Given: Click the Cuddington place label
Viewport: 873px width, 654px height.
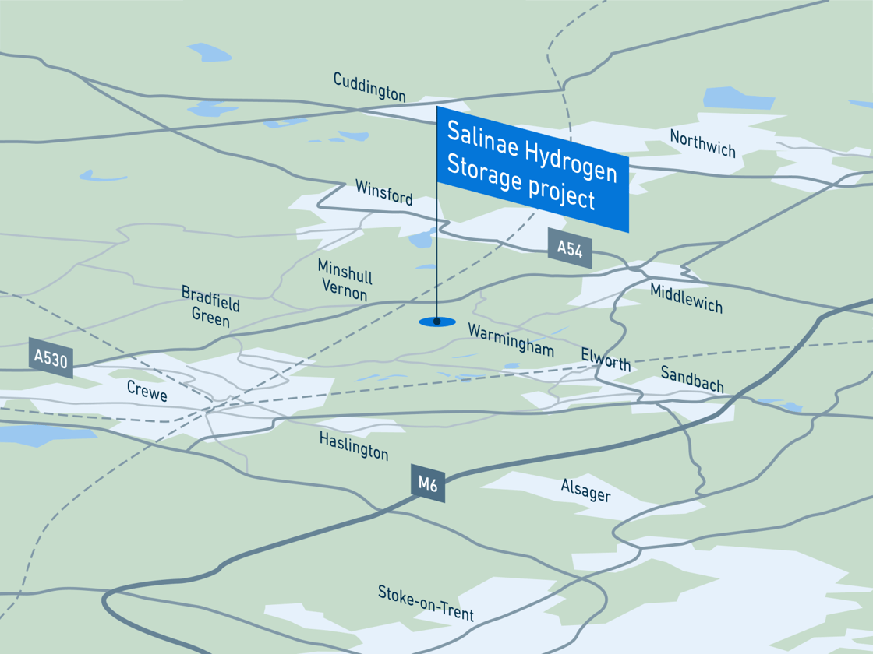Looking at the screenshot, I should click(369, 86).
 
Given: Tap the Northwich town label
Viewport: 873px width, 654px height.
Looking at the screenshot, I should click(702, 143).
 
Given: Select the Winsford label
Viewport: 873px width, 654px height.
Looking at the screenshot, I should click(383, 192).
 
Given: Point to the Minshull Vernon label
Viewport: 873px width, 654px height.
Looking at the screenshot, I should click(345, 280).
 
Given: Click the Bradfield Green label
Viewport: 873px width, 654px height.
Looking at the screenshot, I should click(210, 306).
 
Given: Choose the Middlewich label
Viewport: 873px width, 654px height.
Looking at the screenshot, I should click(686, 297).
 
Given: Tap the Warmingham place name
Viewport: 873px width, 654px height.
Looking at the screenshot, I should click(511, 340).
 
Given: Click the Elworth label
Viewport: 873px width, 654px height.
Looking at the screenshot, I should click(606, 360).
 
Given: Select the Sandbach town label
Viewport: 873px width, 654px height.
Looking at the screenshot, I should click(692, 379).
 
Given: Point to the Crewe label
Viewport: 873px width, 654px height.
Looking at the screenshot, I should click(147, 391).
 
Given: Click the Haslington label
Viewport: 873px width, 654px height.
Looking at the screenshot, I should click(353, 445).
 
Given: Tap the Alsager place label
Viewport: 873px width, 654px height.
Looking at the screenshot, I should click(585, 490).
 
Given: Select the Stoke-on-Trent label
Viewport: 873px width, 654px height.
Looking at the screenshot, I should click(426, 603).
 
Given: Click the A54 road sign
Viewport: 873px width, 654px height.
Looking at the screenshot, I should click(570, 248).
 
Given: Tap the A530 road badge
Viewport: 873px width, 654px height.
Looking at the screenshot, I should click(51, 358).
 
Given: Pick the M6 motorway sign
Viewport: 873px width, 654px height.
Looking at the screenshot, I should click(428, 483).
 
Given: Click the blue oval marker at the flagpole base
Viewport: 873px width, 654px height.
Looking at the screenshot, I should click(436, 322).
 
